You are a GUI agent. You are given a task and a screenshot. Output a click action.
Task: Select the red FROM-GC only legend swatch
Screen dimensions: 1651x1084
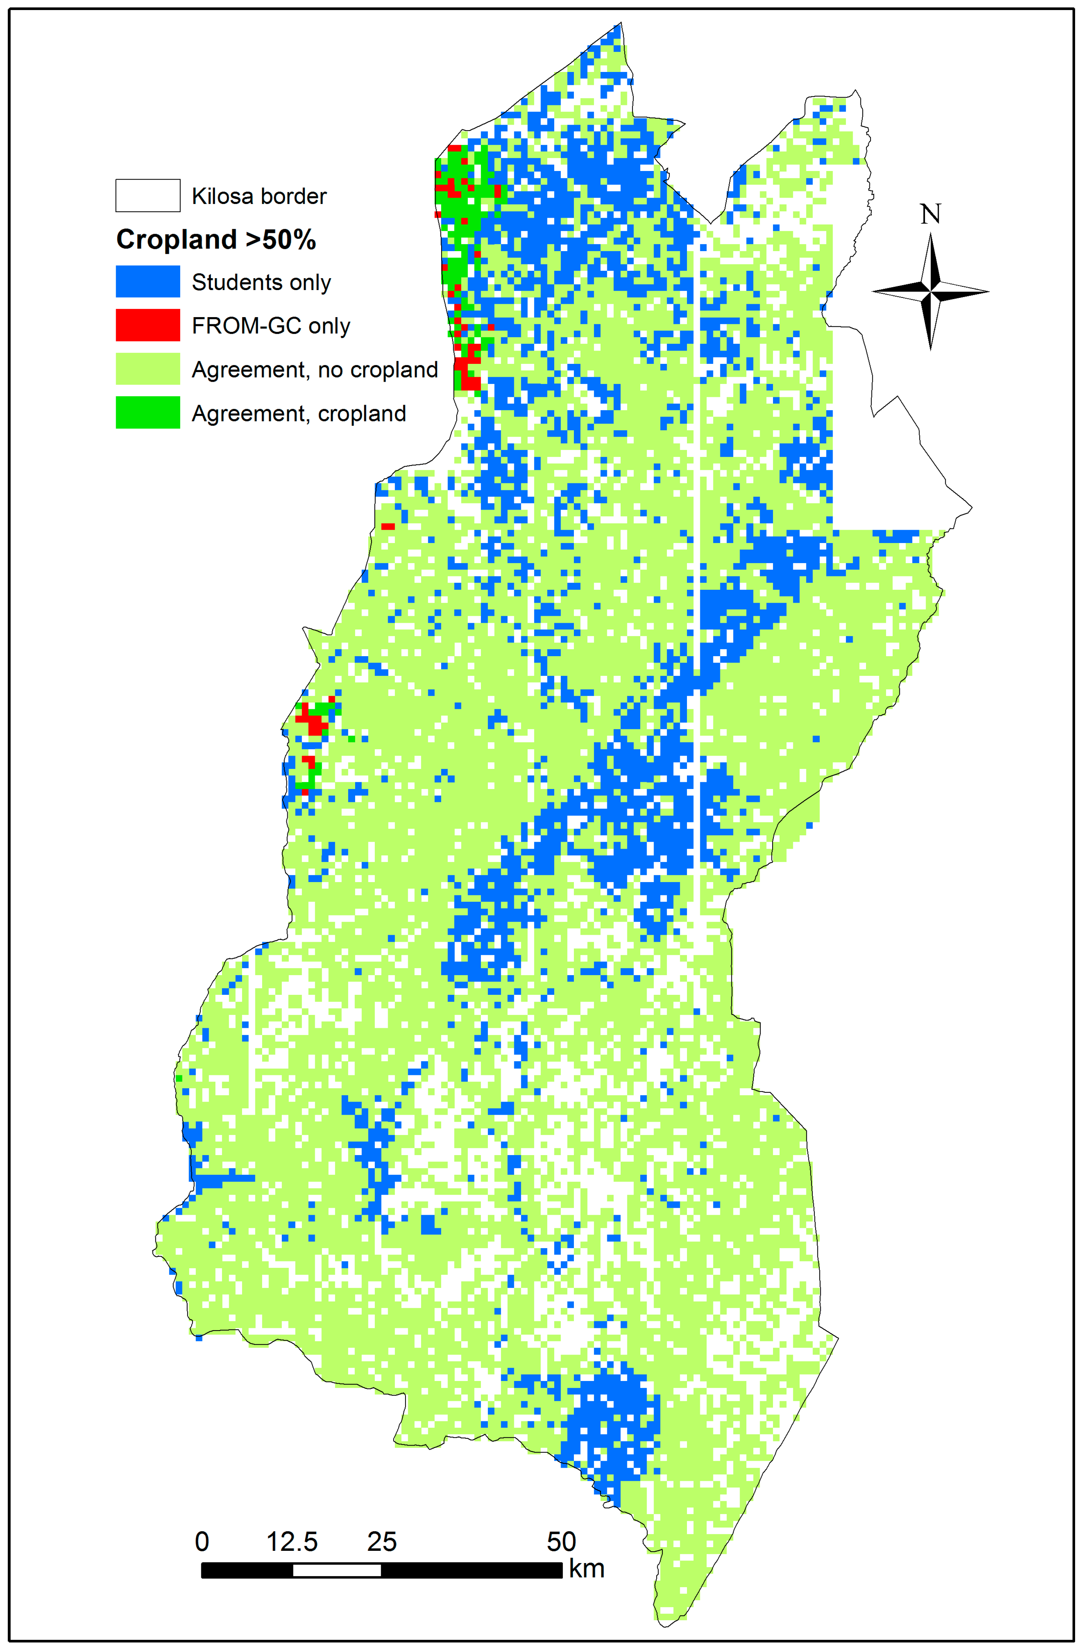[x=148, y=325]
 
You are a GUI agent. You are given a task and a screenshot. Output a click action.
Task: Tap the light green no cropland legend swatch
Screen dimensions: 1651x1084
[x=148, y=368]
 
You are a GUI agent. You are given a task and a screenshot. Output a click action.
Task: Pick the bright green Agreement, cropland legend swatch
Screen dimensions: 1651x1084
[x=148, y=412]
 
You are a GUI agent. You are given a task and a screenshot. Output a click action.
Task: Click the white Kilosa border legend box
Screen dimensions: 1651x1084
[x=148, y=195]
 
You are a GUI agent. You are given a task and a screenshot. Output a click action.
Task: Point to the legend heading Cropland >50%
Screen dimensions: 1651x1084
[x=216, y=239]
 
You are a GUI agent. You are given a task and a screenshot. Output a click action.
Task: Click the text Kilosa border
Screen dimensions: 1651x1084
[x=259, y=196]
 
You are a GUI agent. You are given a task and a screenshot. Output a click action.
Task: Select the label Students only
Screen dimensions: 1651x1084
[x=261, y=282]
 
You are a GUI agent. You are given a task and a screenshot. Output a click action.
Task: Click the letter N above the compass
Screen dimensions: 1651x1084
[x=930, y=214]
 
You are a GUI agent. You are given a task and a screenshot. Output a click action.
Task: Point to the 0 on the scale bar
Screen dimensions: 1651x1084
[x=202, y=1542]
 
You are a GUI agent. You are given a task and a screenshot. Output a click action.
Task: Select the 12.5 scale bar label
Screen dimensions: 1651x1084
[x=292, y=1542]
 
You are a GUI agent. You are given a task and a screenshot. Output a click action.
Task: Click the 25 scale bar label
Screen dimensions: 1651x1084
[x=381, y=1542]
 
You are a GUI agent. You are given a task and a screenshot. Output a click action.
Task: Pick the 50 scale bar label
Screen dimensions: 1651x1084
[x=561, y=1542]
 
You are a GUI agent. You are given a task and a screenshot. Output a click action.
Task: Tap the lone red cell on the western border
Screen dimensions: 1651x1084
[x=388, y=526]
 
